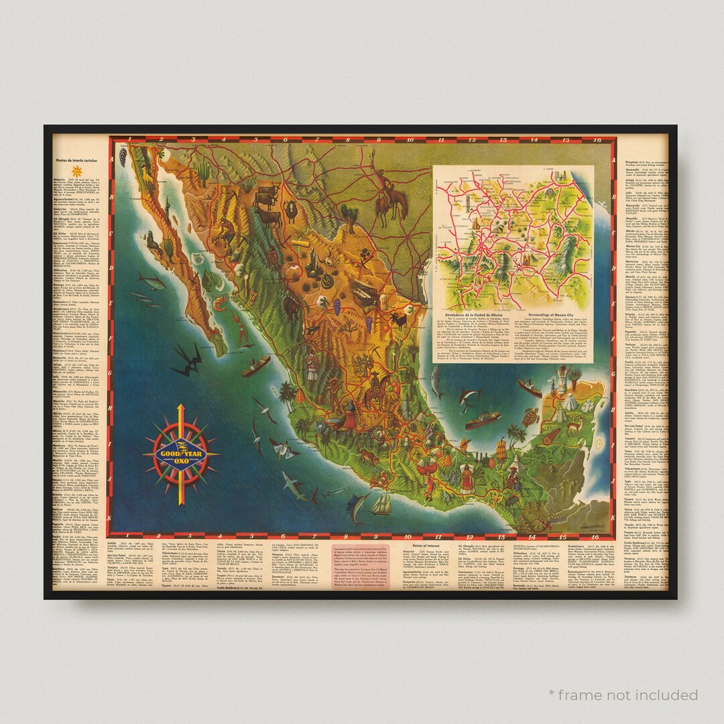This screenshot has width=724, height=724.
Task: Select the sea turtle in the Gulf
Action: [532, 417]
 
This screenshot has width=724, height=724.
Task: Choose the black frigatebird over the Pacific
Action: [188, 362]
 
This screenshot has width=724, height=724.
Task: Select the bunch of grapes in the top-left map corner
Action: [123, 156]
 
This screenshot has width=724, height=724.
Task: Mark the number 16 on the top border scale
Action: [595, 141]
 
